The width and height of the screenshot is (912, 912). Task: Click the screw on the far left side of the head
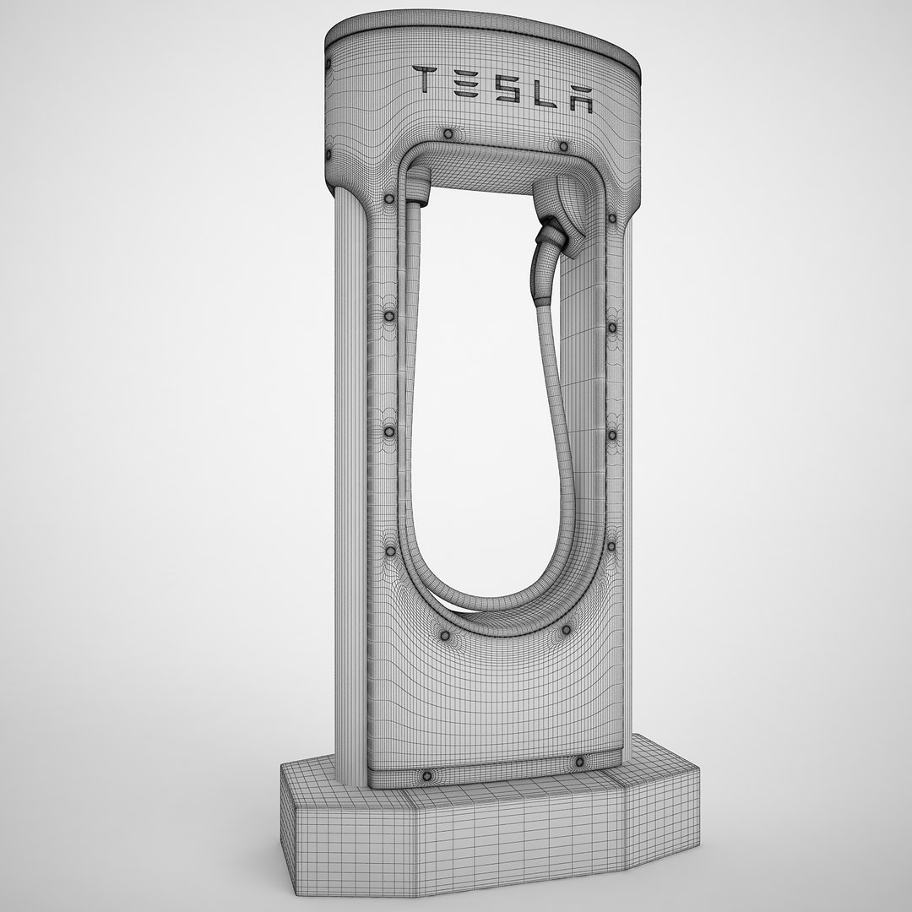[328, 155]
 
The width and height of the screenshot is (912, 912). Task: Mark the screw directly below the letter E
[448, 135]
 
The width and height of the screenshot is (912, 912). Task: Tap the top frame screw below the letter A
[562, 146]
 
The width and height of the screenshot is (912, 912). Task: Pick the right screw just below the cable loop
[566, 630]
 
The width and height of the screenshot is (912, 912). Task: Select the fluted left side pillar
[350, 490]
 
